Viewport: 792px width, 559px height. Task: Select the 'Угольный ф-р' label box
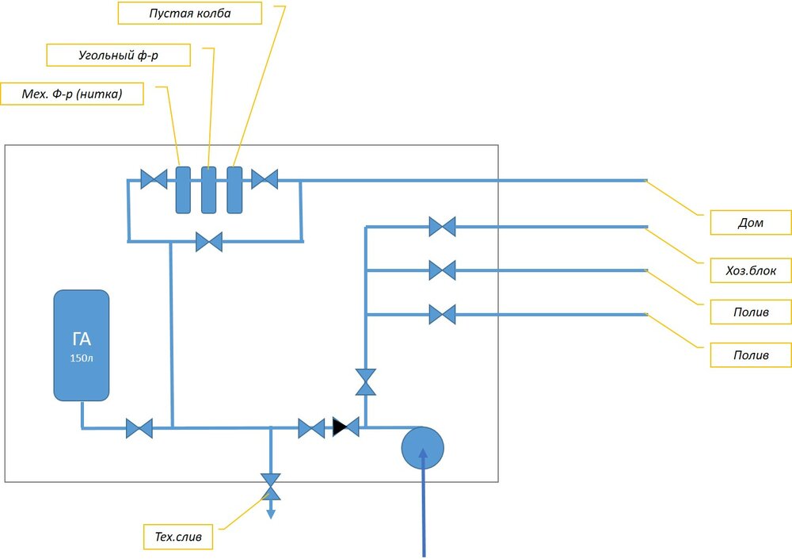108,55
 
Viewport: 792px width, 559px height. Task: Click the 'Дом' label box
749,223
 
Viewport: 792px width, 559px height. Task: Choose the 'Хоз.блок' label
749,270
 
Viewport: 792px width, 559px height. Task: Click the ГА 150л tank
82,346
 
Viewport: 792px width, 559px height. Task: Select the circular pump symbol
422,448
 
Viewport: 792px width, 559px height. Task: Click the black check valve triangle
341,427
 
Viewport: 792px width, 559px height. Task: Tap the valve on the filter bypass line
209,241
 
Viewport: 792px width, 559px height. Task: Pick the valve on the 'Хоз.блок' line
442,270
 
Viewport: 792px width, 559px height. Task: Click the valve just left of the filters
154,179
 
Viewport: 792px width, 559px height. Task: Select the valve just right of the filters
265,179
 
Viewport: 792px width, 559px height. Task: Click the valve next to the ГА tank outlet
139,429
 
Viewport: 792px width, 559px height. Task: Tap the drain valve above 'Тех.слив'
271,485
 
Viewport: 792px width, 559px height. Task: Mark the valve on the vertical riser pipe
366,381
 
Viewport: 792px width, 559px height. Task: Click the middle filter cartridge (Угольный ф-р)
209,190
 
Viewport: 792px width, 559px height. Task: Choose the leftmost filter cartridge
183,190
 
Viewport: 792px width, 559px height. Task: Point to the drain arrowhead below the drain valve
271,513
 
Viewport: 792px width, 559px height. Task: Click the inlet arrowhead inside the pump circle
422,454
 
